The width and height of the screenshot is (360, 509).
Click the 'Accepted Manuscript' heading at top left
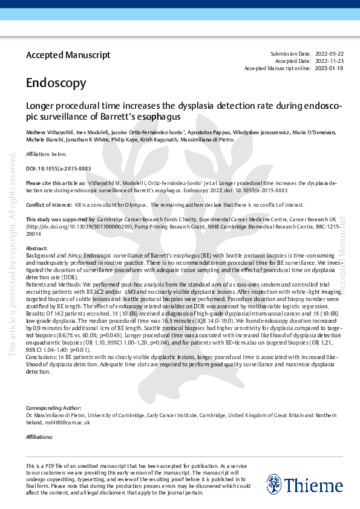click(68, 55)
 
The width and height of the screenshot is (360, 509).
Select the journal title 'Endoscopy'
click(51, 83)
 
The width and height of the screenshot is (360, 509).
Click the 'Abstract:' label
click(36, 248)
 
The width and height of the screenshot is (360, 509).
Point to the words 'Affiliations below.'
click(47, 154)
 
